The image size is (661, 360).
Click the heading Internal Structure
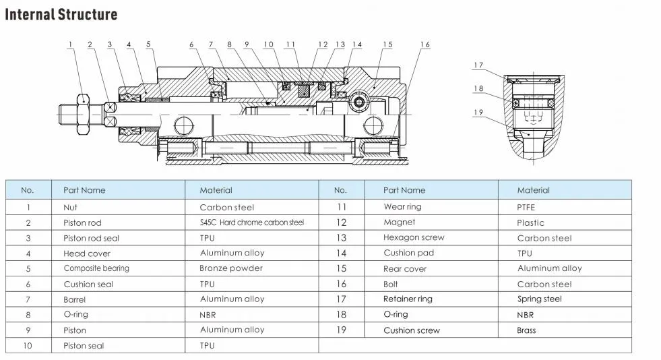point(61,15)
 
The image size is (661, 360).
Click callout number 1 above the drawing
point(70,45)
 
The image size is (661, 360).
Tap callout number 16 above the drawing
point(424,45)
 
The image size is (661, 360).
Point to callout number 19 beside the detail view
point(478,113)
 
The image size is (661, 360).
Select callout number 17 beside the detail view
point(478,65)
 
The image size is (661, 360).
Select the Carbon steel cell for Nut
point(227,208)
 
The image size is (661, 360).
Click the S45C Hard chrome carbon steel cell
point(252,222)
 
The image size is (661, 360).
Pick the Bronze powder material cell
point(232,268)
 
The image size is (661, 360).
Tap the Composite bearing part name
point(96,268)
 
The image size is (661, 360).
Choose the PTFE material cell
point(526,208)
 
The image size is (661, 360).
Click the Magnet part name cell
point(399,222)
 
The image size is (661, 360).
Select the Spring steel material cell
point(539,299)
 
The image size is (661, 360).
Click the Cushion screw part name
point(412,330)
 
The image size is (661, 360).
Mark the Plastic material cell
point(530,222)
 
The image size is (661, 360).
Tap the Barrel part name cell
point(75,299)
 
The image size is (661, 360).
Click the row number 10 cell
point(28,346)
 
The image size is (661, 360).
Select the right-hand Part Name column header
point(404,190)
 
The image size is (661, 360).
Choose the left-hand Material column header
point(216,190)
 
